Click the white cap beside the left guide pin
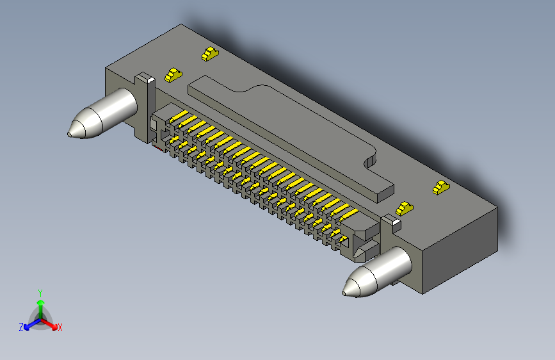[145, 79]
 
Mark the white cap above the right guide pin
[391, 222]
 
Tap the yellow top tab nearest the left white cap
[172, 75]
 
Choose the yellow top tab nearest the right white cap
[404, 208]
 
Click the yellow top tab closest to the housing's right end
[440, 188]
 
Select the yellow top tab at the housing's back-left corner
[210, 54]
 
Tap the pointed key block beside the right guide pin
[366, 249]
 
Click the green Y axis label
[40, 292]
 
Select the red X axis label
[60, 328]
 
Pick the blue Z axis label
[21, 327]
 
